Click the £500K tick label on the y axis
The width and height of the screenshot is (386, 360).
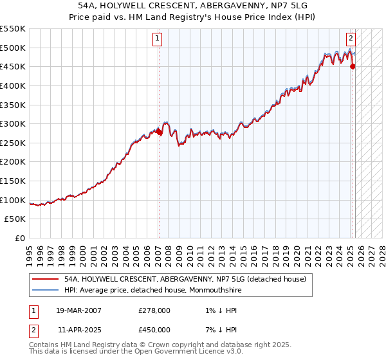pos(13,48)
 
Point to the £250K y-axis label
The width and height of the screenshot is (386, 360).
pos(13,143)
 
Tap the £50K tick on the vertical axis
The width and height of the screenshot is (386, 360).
pos(15,219)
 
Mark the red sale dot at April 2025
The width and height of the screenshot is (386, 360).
pos(353,66)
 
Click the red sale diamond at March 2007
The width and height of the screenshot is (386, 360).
pos(159,132)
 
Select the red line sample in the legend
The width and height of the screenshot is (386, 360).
pos(44,280)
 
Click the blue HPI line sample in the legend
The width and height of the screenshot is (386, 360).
pos(44,290)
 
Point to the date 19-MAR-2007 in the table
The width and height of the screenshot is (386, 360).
pos(78,310)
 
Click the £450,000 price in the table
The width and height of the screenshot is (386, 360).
pos(154,330)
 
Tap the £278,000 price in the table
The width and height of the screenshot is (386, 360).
pos(154,310)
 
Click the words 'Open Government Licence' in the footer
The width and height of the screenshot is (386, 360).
pos(176,352)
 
